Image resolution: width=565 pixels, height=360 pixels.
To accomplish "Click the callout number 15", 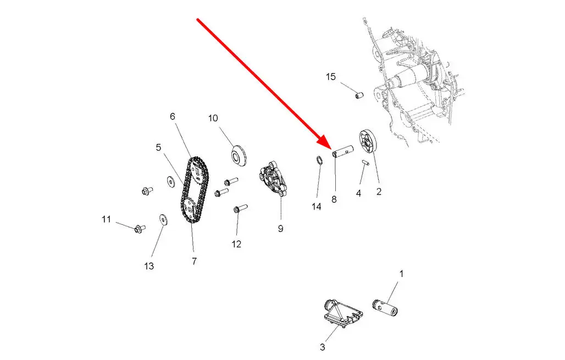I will coord(330,77).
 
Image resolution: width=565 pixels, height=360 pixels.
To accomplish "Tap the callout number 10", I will coord(213,118).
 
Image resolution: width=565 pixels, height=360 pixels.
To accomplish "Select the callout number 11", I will coord(106,219).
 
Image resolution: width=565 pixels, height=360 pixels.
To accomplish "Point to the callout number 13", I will coord(149,267).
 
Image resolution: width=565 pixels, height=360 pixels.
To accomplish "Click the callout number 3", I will coord(322,347).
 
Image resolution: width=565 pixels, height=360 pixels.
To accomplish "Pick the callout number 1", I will coord(401,273).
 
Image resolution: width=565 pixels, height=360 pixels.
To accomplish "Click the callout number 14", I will coord(315,207).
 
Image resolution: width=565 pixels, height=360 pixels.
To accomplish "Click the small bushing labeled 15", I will coord(360,96).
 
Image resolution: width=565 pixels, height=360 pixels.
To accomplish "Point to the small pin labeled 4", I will coord(365,163).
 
